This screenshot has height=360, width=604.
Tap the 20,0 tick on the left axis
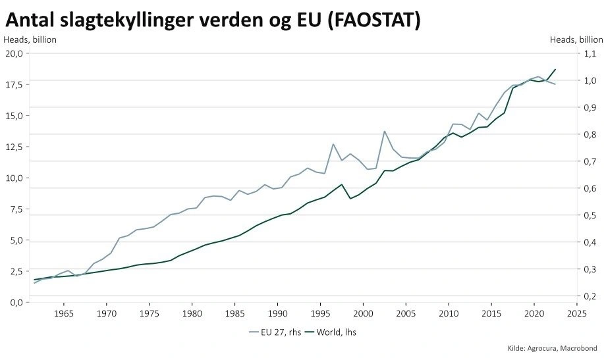point(14,53)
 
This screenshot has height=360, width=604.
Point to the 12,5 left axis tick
point(14,147)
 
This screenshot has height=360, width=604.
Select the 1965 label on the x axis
point(64,313)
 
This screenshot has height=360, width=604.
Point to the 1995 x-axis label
point(321,313)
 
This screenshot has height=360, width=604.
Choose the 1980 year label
point(192,313)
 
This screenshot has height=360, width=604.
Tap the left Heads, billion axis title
point(30,39)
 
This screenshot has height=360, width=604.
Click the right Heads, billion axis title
point(576,39)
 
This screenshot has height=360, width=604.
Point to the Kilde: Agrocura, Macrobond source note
point(552,347)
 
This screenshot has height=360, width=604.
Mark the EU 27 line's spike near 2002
point(385,131)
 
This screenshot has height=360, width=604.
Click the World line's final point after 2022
point(555,69)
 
